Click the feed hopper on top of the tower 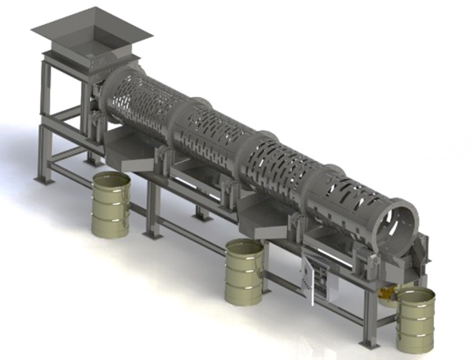coord(91,36)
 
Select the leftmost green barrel coord(111,206)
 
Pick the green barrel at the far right coord(416,321)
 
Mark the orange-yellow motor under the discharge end coord(385,295)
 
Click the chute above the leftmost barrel coord(130,151)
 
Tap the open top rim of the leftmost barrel coord(111,179)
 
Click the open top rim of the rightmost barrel coord(416,295)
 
